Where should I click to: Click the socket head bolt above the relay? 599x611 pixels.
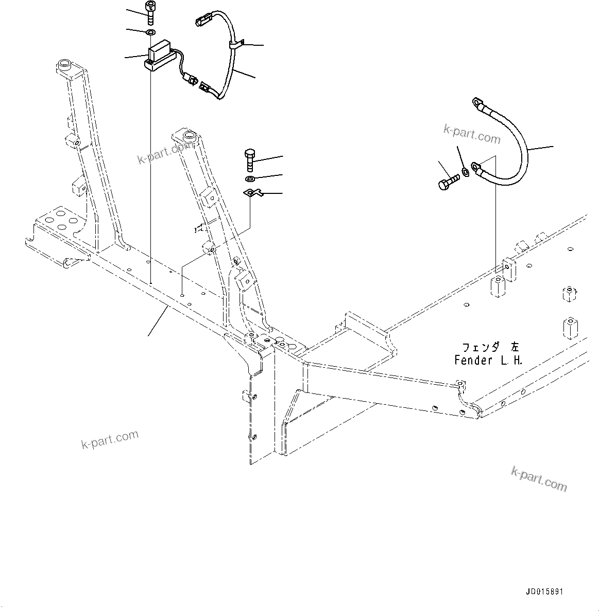click(x=150, y=13)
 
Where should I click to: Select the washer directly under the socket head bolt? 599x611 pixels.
click(x=150, y=33)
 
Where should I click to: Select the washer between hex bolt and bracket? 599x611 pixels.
click(x=250, y=179)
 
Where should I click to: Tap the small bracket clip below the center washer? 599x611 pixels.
click(x=252, y=193)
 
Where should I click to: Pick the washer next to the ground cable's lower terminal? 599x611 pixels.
click(x=466, y=171)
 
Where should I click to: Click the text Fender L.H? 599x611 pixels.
click(x=488, y=361)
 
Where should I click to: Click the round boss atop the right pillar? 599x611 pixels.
click(x=189, y=136)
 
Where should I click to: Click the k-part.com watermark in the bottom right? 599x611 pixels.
click(x=539, y=479)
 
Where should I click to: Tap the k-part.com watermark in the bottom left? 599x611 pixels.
click(x=110, y=439)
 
